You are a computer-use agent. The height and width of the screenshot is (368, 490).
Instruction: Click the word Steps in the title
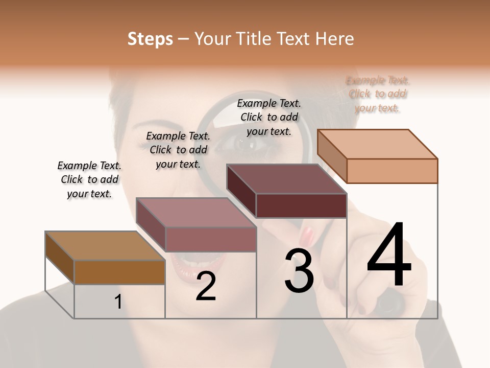click(x=150, y=39)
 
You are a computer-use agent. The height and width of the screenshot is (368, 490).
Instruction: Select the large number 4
click(x=389, y=255)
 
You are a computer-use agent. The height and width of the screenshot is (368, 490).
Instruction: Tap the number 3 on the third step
click(x=299, y=270)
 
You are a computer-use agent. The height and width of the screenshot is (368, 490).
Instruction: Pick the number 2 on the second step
click(x=206, y=286)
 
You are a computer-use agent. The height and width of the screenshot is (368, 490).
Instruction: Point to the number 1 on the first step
click(x=118, y=302)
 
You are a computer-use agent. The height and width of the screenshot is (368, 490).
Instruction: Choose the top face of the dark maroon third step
click(x=286, y=179)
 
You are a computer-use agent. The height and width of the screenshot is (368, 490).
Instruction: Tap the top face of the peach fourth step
click(x=377, y=144)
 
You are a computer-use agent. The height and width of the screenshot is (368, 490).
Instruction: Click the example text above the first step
click(x=89, y=179)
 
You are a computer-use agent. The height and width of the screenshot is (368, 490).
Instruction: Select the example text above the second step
click(x=178, y=150)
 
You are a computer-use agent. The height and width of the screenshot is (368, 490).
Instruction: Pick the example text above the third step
click(x=269, y=117)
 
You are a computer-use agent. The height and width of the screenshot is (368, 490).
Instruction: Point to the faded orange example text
click(x=377, y=94)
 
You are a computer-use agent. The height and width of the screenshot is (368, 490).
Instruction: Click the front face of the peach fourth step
click(x=392, y=171)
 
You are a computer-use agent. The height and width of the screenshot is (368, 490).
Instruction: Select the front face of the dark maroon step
click(x=301, y=205)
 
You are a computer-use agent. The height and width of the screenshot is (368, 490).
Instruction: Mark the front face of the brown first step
click(x=119, y=272)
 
